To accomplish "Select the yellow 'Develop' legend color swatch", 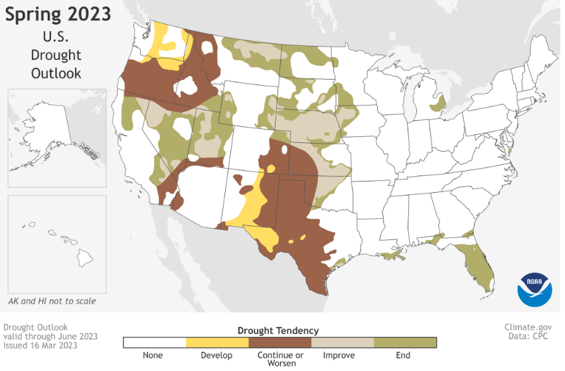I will (x=216, y=342).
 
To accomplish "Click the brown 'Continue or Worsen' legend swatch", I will (x=280, y=342).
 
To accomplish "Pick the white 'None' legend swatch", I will (x=154, y=342).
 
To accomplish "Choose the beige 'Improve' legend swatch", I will (x=342, y=342).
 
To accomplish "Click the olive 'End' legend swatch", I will (x=405, y=342).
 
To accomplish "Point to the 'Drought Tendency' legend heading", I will (x=279, y=330).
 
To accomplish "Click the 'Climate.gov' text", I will (x=528, y=327).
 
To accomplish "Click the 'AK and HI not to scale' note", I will (x=52, y=301).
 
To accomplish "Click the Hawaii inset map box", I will (x=56, y=243).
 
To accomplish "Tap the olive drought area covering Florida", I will (x=475, y=263).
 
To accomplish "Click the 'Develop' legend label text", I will (x=216, y=356).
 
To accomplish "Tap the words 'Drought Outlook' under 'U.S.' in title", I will (x=56, y=64).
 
